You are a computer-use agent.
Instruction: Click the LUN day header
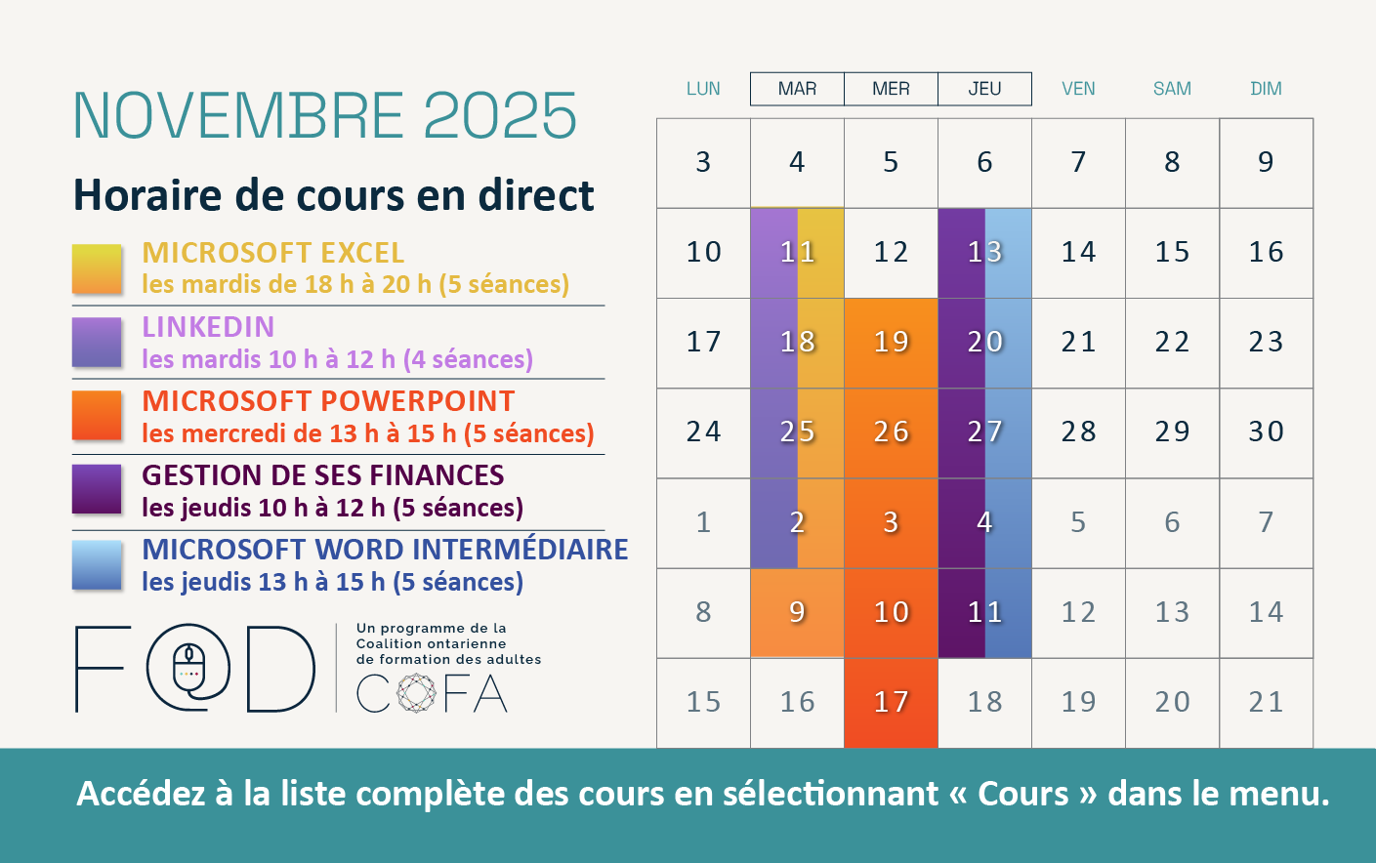(703, 89)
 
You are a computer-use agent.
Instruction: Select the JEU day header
(984, 89)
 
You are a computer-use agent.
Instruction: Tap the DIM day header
(1266, 89)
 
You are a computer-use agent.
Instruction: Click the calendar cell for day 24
(703, 432)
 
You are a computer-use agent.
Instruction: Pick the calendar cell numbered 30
(1266, 432)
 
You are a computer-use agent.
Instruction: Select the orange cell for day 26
(891, 432)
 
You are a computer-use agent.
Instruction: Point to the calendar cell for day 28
(1078, 432)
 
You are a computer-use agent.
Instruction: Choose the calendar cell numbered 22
(1172, 343)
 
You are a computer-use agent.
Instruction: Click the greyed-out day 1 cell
(703, 523)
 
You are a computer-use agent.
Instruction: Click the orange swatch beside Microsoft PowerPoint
(97, 416)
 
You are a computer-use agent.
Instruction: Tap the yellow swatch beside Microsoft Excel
(97, 268)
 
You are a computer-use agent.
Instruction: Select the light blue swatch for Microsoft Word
(97, 565)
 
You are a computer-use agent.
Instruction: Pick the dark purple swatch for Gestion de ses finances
(97, 489)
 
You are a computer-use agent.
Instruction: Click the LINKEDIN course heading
(208, 327)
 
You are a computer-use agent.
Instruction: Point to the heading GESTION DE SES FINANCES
(322, 475)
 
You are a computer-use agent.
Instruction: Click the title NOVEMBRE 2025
(325, 116)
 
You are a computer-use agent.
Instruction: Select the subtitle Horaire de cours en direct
(333, 195)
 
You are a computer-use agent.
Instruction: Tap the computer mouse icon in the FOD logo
(188, 666)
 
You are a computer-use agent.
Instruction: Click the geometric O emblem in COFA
(416, 693)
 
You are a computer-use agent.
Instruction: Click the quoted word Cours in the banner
(1022, 794)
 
